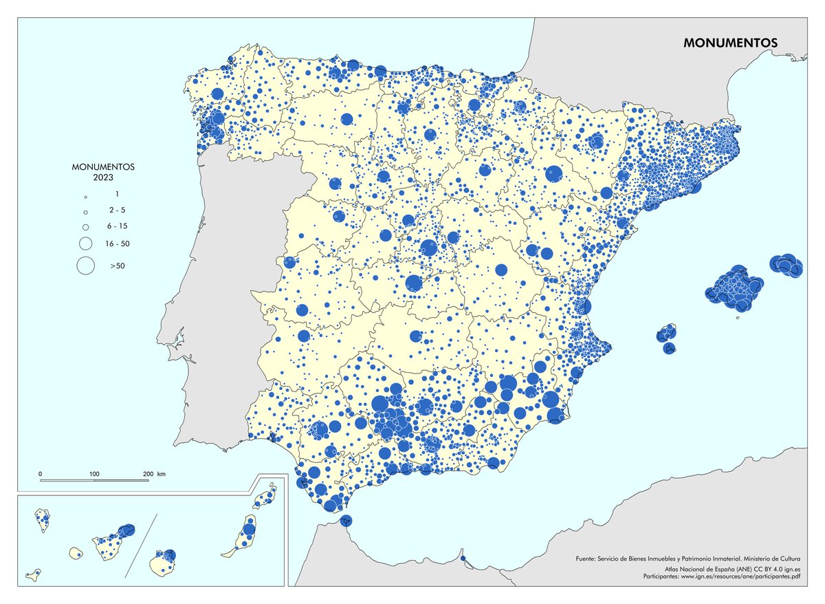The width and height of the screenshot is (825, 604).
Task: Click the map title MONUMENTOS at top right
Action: tap(730, 42)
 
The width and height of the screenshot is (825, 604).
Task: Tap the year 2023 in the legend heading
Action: tap(103, 177)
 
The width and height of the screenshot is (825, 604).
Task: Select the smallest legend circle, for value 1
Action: tap(86, 196)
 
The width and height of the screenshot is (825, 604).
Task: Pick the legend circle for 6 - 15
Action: tap(86, 226)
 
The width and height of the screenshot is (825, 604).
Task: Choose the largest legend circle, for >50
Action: tap(86, 265)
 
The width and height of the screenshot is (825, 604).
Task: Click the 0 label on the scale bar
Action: tap(41, 474)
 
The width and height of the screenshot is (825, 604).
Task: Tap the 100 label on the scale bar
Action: tap(95, 474)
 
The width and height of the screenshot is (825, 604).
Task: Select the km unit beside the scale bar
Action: tap(162, 474)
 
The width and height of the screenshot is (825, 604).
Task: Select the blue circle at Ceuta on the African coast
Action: tap(346, 520)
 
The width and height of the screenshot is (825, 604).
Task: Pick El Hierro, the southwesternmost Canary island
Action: tap(33, 573)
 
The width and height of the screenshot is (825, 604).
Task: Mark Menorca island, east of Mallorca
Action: tap(786, 265)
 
